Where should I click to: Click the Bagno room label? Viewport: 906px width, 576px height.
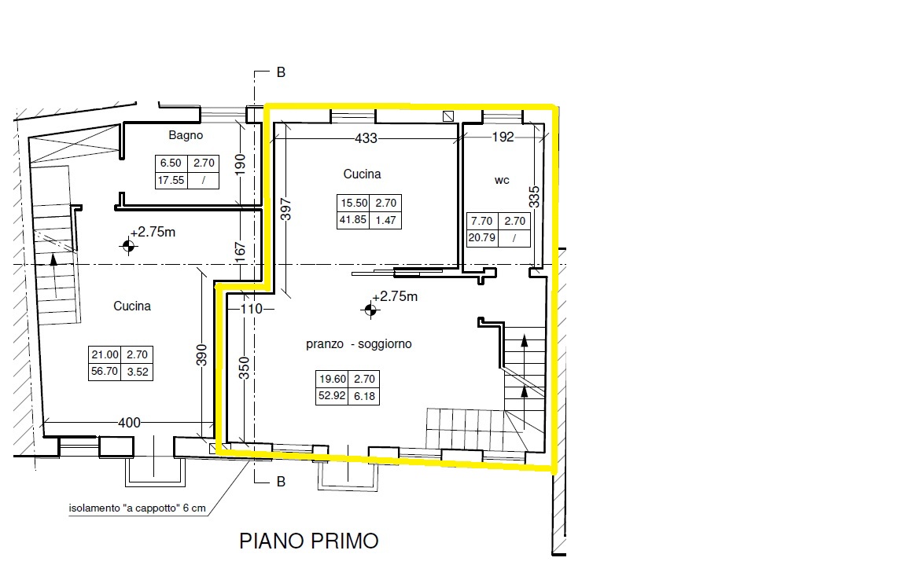[186, 136]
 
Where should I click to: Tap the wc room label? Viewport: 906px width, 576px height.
[502, 180]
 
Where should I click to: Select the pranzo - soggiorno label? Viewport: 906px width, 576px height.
[359, 344]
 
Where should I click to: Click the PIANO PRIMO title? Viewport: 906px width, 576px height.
[309, 541]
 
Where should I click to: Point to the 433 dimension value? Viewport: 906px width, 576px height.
[366, 138]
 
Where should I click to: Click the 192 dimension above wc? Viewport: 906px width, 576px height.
[503, 137]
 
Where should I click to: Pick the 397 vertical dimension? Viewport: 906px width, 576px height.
[285, 210]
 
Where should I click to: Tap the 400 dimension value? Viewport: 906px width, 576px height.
[129, 423]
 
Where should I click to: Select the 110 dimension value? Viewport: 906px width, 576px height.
[252, 309]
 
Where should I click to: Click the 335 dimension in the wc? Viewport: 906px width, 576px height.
[535, 196]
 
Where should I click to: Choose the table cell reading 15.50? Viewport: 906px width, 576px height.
[354, 204]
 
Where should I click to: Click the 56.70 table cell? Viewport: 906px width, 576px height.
[105, 371]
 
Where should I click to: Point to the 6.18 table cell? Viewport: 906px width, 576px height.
[364, 396]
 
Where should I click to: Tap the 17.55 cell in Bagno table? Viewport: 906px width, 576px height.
[171, 180]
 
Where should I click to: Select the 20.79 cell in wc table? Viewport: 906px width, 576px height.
[482, 238]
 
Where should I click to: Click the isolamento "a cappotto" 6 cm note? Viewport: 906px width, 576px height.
[137, 508]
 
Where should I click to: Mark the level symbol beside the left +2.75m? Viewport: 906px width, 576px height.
[128, 247]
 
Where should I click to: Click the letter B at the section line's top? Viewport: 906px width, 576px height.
[281, 72]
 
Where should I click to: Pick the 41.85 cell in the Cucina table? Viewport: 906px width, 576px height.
[353, 220]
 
